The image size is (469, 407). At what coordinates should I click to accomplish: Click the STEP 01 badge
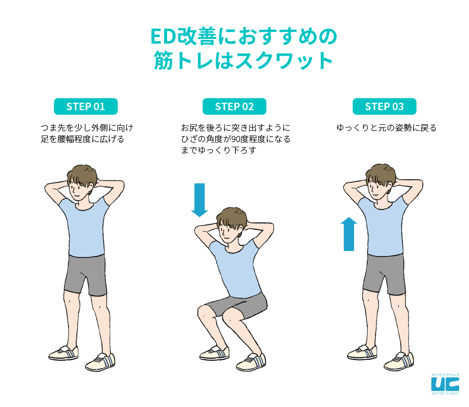85,106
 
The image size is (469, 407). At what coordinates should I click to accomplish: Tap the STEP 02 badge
234,106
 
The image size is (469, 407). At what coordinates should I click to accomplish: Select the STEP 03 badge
385,106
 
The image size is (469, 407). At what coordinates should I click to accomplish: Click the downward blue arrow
199,200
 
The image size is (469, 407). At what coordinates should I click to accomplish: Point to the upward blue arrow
349,234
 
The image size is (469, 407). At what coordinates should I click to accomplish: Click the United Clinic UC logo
445,384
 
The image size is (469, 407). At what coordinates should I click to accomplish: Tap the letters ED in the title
162,37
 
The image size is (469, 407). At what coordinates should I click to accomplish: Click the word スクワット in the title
284,61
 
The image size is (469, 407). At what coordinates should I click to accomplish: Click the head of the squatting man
232,223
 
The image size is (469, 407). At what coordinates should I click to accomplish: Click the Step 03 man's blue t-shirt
383,226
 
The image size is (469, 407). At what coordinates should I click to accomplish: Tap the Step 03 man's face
376,188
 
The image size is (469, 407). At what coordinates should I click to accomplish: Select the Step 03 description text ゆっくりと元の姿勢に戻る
386,128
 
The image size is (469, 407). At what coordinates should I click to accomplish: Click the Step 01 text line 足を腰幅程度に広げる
82,139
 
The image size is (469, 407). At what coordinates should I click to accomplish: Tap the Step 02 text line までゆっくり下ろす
219,150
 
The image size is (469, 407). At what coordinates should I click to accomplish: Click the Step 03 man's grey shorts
384,274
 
